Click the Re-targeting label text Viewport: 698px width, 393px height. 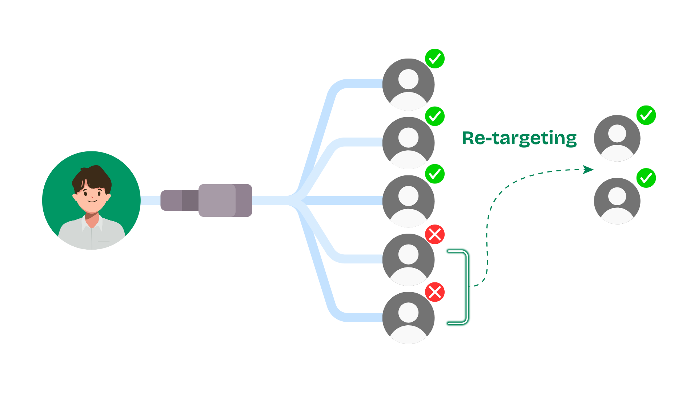coord(519,138)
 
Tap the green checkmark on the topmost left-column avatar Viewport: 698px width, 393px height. coord(435,59)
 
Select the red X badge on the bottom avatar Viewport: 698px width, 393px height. coord(435,292)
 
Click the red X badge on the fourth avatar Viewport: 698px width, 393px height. coord(435,234)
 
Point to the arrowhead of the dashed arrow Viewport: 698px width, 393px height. coord(588,170)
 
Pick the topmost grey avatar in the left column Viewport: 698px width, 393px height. coord(408,84)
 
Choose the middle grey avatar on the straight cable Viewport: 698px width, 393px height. coord(408,201)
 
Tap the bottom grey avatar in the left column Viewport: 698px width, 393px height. coord(408,318)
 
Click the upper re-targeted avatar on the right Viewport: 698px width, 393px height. coord(617,138)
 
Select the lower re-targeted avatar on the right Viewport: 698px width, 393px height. coord(617,201)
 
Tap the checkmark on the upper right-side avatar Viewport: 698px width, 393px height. coord(646,115)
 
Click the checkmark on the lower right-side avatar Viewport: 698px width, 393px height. coord(646,178)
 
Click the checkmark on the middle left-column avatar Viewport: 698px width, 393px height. coord(435,174)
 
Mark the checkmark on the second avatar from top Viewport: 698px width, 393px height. coord(435,116)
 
